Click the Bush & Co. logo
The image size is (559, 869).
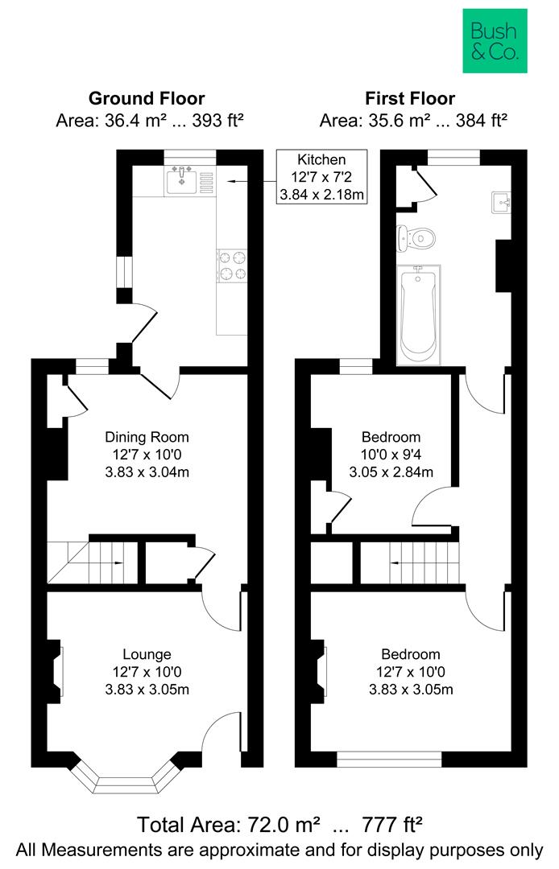click(x=494, y=41)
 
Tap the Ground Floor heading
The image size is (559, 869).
click(x=146, y=99)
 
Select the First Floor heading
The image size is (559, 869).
click(x=410, y=99)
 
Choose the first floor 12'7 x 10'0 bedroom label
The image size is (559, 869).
click(x=411, y=671)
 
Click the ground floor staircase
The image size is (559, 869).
click(x=89, y=562)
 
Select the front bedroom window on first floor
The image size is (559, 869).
click(x=389, y=758)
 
